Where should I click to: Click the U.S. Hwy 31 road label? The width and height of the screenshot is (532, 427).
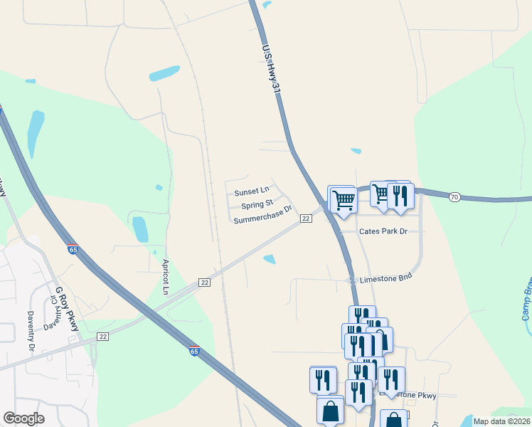pos(269,68)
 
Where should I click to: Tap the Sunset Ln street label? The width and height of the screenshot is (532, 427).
pos(252,191)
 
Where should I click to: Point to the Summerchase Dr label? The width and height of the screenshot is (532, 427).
pos(263,216)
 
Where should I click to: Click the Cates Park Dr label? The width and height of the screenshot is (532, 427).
pos(383,232)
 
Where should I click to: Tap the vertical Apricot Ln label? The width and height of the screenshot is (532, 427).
pos(165,277)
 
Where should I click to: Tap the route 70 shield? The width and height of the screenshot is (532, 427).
pos(454,197)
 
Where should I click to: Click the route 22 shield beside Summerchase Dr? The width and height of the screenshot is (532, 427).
pos(305,218)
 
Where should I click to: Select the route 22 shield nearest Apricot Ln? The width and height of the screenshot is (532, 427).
pos(205,283)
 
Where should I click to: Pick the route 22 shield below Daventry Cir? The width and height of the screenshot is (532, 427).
pos(103,336)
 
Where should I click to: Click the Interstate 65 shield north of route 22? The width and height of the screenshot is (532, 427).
pos(73,249)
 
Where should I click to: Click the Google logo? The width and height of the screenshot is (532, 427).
pos(23,418)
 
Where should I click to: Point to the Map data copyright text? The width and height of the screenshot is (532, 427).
pos(501,421)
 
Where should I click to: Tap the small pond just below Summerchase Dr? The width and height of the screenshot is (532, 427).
pos(270,259)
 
